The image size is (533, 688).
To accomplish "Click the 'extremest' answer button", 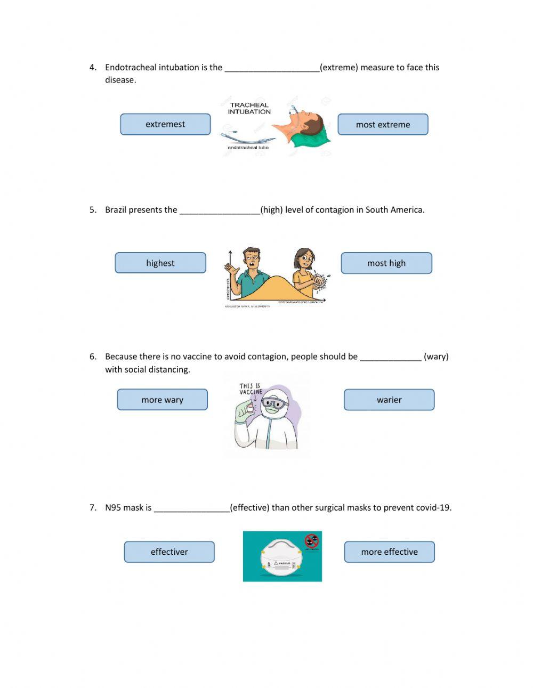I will click(165, 124).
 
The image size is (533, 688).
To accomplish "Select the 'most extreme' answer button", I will click(383, 125).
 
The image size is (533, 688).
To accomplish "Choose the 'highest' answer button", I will click(160, 263).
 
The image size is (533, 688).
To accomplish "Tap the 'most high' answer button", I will click(386, 263).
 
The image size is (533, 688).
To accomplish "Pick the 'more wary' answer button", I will click(162, 400).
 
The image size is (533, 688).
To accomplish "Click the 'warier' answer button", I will click(389, 400).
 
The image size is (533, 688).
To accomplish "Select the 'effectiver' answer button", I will click(169, 552).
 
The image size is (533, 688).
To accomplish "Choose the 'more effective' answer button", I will click(389, 552).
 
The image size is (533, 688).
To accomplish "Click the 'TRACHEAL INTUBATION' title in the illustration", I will click(249, 108).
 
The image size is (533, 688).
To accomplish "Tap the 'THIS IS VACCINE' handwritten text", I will click(251, 389).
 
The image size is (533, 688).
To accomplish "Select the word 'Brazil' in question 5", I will click(116, 210).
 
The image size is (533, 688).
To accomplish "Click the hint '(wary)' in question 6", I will click(436, 357).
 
